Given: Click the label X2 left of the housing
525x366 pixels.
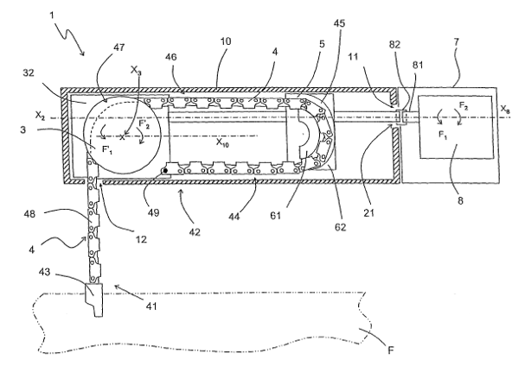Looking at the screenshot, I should pos(39,114).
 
